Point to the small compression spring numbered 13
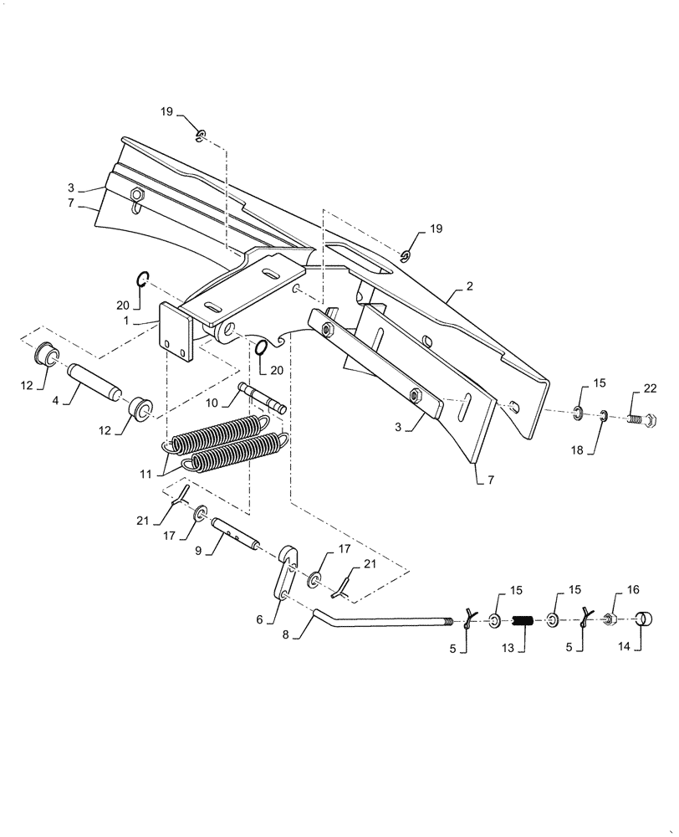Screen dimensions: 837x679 (x=524, y=621)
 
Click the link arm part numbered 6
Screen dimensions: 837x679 (x=285, y=572)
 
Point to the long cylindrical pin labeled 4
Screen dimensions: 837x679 (x=95, y=381)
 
